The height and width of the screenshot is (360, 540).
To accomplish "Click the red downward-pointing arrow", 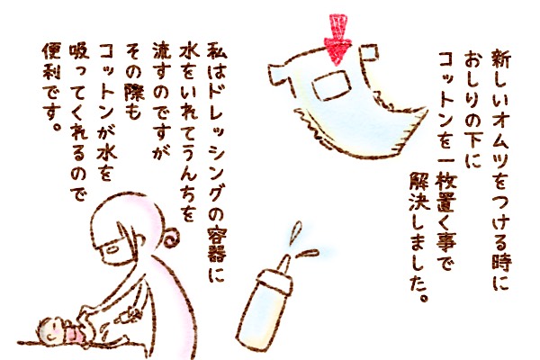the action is (x=337, y=38).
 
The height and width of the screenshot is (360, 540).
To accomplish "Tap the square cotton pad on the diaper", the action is (x=331, y=85).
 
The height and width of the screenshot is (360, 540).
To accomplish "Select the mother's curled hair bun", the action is (x=171, y=238).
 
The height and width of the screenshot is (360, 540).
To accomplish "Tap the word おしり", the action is (x=474, y=81).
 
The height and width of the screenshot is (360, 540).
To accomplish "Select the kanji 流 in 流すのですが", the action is (x=161, y=53).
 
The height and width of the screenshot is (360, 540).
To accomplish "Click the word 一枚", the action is (x=447, y=176).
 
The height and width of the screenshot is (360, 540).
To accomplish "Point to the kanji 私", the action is (x=217, y=52).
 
